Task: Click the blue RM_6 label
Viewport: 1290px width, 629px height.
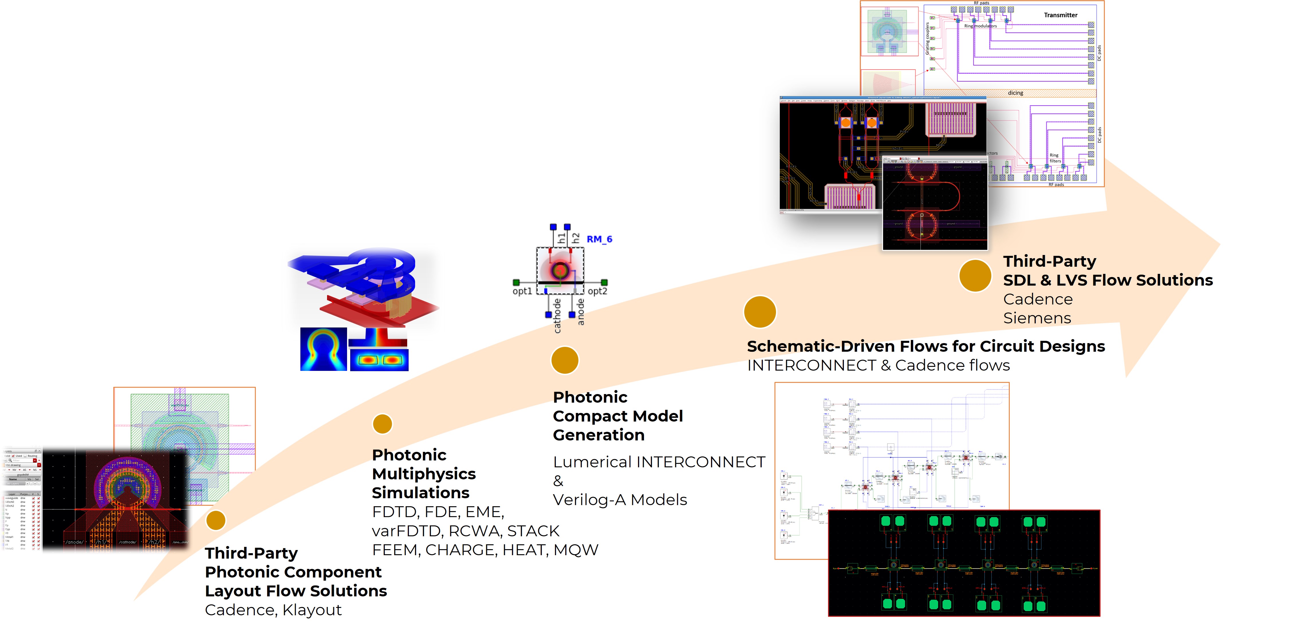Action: (x=599, y=239)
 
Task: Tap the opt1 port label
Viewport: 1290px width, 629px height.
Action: (x=522, y=291)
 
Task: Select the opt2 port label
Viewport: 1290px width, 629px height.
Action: (x=597, y=291)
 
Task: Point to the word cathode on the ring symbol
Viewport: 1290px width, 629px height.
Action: (x=557, y=316)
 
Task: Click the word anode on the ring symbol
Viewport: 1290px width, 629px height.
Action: (x=580, y=312)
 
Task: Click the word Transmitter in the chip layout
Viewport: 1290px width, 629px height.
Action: (x=1060, y=15)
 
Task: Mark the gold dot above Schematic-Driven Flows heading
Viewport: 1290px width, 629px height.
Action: (x=760, y=312)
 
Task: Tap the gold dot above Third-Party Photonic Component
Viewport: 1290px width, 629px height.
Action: (x=216, y=521)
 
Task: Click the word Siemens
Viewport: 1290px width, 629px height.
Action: (x=1037, y=318)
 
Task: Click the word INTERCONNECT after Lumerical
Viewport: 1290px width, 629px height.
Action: (x=700, y=462)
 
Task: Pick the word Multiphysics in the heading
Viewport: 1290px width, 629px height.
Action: (x=424, y=474)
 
